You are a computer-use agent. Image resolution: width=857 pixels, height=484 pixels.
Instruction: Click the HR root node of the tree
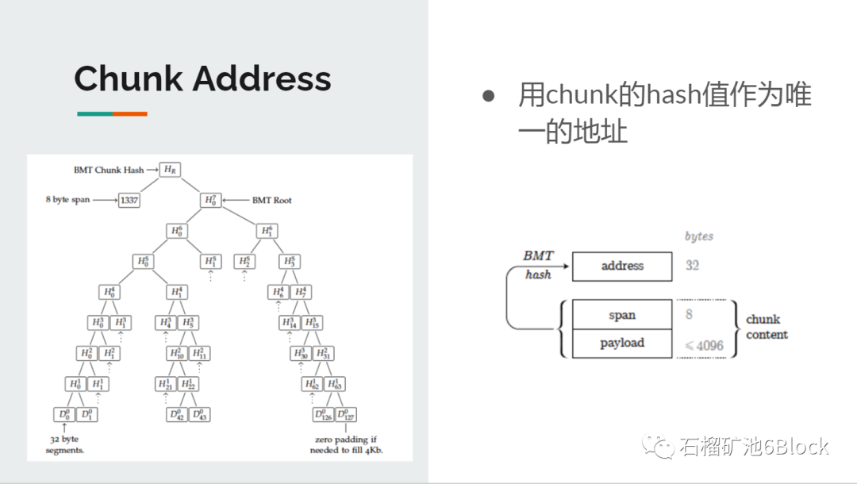pos(168,170)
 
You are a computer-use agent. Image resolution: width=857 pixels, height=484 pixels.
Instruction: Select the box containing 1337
pos(129,200)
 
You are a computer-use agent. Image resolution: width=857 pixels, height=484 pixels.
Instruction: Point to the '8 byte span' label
pos(67,200)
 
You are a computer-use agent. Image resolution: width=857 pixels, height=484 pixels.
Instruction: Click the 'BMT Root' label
pos(272,200)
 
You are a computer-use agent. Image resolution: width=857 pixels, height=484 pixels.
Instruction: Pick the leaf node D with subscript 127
pos(347,414)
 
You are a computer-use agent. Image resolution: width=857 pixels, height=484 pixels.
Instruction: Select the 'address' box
pos(622,266)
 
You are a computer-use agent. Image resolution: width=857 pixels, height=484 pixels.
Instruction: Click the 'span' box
pos(622,315)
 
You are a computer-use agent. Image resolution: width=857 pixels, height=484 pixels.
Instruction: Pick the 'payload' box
pos(622,343)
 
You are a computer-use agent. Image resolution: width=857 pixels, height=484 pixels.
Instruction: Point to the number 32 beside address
pos(693,265)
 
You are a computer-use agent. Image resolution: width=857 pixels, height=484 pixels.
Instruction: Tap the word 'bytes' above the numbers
pos(699,236)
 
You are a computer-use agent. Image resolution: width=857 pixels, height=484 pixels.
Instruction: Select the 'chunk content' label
pos(767,327)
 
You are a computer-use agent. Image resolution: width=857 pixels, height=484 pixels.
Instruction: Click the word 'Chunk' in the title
pos(127,79)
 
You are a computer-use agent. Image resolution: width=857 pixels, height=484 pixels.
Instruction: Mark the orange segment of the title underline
pos(129,113)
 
